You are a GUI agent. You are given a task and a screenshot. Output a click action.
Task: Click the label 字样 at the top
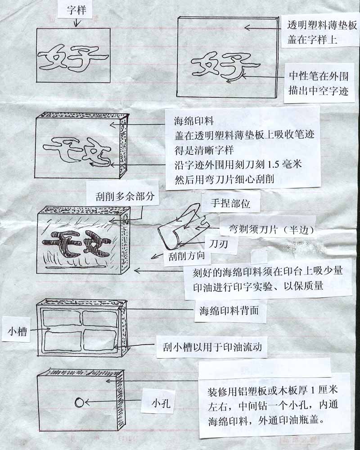pos(76,10)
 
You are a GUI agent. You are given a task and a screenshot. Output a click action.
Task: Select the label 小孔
pos(161,404)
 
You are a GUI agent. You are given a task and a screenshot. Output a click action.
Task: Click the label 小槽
pos(17,332)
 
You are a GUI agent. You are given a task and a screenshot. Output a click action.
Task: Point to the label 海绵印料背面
pos(229,310)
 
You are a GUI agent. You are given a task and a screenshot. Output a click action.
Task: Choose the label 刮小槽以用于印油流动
pos(212,347)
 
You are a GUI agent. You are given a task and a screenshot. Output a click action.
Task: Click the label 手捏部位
pos(230,203)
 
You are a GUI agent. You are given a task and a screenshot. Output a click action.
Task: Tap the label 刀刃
pos(218,244)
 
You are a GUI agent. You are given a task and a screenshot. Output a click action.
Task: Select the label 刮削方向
pos(187,256)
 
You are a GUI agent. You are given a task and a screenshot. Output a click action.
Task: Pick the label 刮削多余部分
pos(125,196)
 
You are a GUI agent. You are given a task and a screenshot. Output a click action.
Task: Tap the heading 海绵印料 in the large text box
pos(194,121)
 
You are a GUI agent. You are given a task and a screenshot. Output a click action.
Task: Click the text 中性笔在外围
pos(319,76)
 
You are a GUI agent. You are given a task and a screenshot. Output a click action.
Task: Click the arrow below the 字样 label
pos(76,23)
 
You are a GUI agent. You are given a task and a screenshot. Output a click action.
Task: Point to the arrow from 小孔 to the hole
pos(112,402)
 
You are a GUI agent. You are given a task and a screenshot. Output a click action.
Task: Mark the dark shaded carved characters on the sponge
pos(77,243)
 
